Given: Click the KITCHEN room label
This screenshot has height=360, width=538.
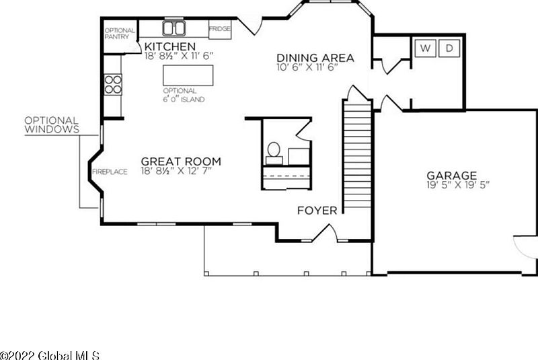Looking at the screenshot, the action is pyautogui.click(x=170, y=46).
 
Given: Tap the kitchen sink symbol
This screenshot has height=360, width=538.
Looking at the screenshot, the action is pyautogui.click(x=174, y=28).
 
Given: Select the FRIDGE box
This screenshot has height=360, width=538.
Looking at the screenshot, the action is pyautogui.click(x=220, y=29).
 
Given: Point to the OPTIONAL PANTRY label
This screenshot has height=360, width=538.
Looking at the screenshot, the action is pyautogui.click(x=120, y=33).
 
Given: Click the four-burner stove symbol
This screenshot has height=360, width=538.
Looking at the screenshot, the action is pyautogui.click(x=113, y=84).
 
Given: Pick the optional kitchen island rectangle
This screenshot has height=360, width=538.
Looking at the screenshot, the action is pyautogui.click(x=188, y=75).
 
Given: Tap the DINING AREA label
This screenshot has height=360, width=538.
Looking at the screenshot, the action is pyautogui.click(x=315, y=58).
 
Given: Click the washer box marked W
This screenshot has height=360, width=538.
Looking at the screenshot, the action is pyautogui.click(x=426, y=48).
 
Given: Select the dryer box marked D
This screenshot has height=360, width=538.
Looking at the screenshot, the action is pyautogui.click(x=449, y=48).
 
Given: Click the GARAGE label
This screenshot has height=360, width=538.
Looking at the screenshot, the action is pyautogui.click(x=451, y=176).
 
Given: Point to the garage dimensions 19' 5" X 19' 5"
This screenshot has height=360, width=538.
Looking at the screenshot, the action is pyautogui.click(x=458, y=185).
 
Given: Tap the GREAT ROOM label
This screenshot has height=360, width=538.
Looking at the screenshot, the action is pyautogui.click(x=181, y=161).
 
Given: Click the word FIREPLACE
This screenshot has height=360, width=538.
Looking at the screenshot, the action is pyautogui.click(x=110, y=172).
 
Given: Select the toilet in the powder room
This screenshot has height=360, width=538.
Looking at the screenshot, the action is pyautogui.click(x=274, y=153).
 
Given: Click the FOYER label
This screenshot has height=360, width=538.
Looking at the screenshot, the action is pyautogui.click(x=317, y=211).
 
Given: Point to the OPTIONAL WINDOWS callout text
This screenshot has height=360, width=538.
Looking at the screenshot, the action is pyautogui.click(x=52, y=125).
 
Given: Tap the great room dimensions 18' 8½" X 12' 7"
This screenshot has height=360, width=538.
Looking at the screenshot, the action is pyautogui.click(x=176, y=170).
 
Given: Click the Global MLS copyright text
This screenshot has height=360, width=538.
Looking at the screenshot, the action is pyautogui.click(x=50, y=355).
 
